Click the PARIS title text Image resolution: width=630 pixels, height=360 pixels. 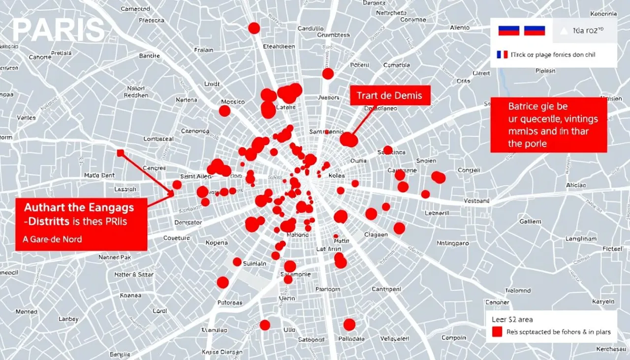(58, 31)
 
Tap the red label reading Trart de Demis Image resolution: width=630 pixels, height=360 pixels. (390, 96)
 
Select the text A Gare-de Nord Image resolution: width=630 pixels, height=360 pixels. (53, 239)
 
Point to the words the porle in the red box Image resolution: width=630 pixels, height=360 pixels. (527, 144)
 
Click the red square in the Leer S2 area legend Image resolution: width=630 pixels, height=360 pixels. (497, 331)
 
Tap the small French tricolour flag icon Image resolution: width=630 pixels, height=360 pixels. (502, 55)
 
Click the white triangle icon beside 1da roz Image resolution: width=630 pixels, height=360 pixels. (564, 31)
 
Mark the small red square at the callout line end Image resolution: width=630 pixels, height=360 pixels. (120, 153)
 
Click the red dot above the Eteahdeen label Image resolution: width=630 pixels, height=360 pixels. (254, 28)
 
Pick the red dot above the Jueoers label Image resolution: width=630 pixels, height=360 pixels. (328, 74)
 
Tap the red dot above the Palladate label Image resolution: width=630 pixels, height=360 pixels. (349, 325)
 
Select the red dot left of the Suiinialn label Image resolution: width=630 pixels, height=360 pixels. (237, 262)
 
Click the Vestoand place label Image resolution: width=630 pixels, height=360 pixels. (477, 201)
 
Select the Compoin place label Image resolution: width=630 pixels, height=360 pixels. (453, 337)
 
